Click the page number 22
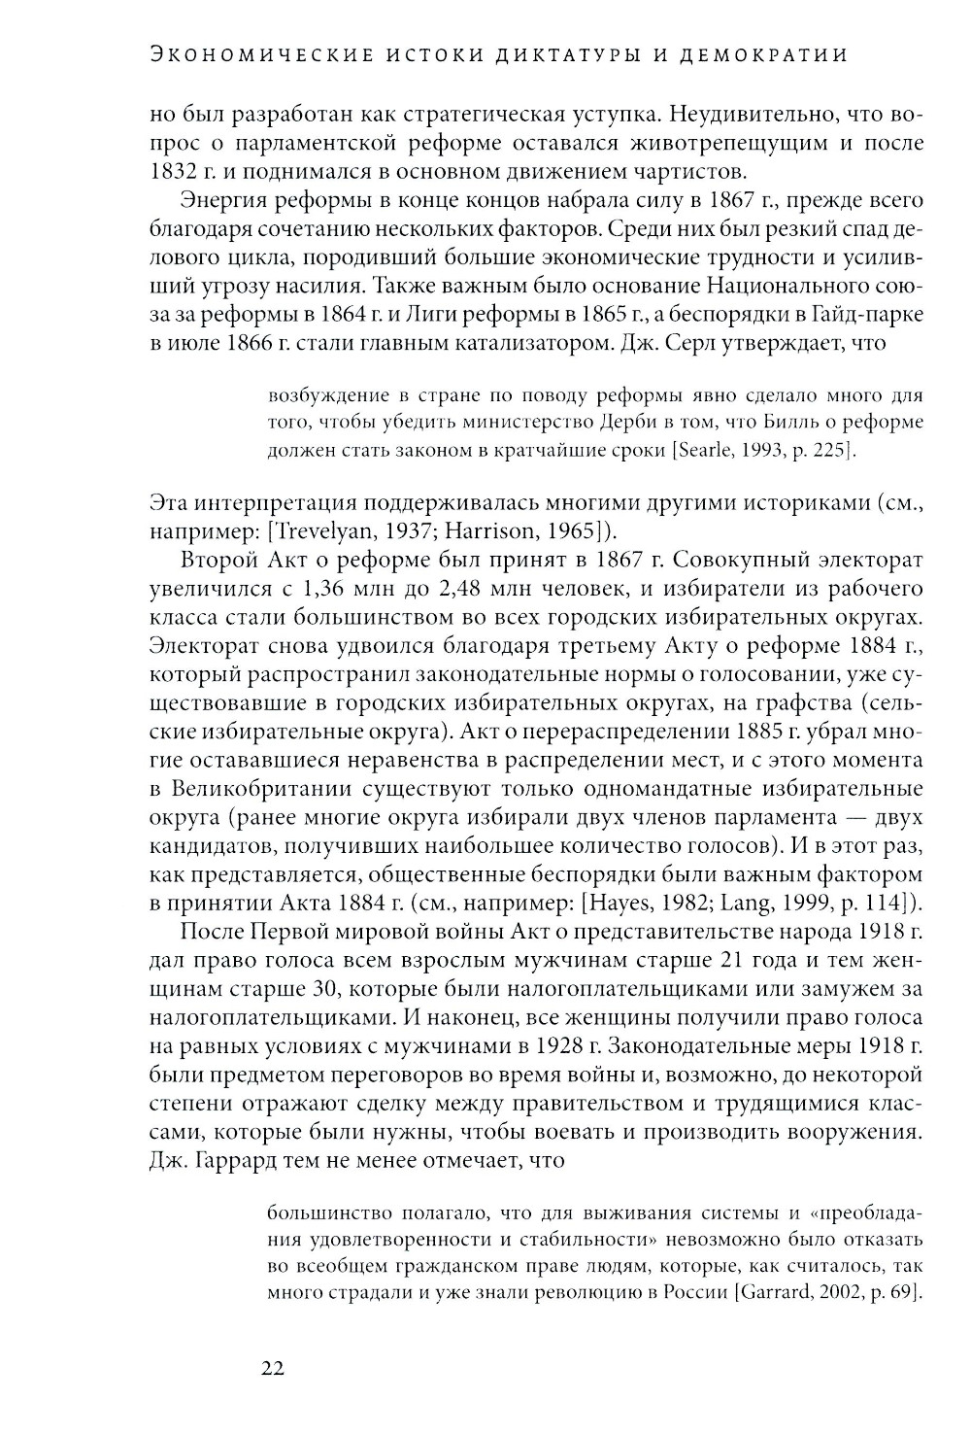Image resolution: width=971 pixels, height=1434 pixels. tap(272, 1368)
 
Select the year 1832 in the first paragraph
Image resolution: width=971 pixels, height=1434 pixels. tap(173, 172)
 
